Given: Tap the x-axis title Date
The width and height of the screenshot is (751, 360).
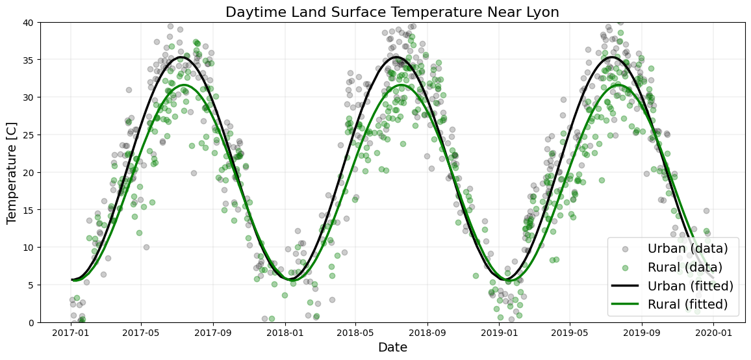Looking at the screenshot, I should coord(392,348).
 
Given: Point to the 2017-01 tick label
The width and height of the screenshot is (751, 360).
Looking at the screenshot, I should coord(70,333).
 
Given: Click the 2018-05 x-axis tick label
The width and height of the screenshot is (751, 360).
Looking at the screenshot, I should coord(355,333).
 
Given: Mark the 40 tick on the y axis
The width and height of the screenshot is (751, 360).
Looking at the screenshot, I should coord(30,23).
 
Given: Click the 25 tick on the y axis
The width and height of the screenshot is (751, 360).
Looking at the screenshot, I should coord(30,135).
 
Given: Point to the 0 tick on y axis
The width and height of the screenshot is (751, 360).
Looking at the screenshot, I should coord(32,322).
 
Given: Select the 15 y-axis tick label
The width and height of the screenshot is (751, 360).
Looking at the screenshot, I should coord(30,210).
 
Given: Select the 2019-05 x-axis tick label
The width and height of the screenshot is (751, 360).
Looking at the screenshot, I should coord(570,333).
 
